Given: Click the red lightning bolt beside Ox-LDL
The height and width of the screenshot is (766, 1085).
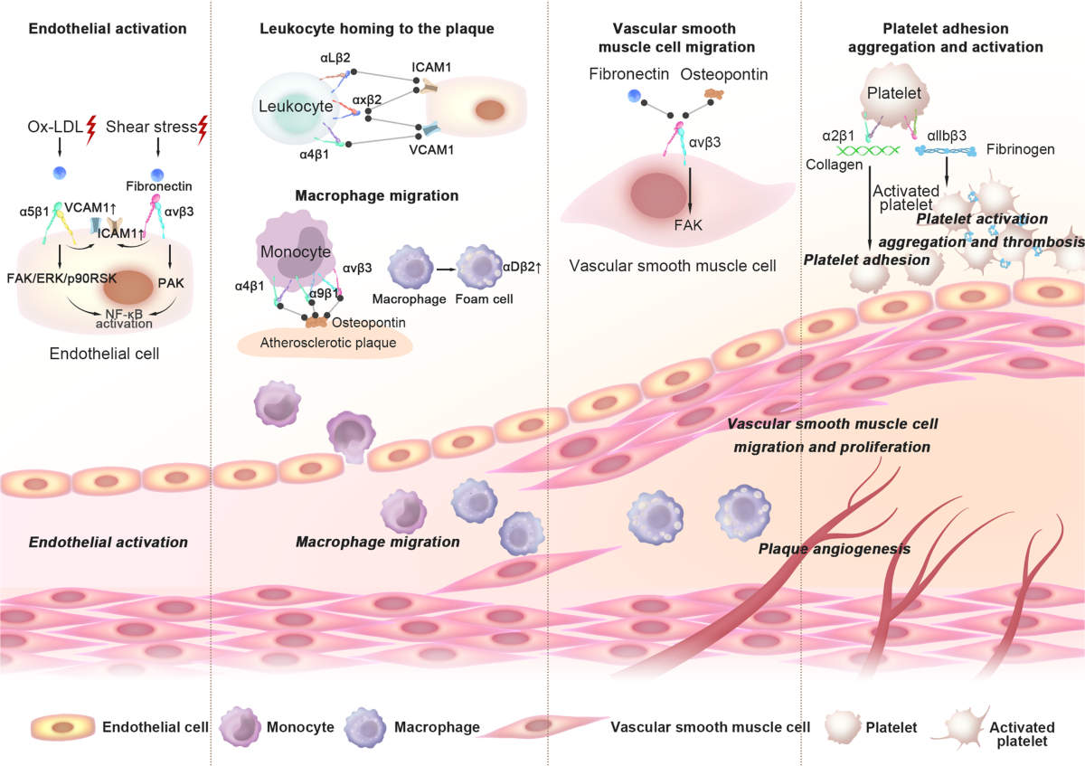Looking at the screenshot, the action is (x=91, y=130).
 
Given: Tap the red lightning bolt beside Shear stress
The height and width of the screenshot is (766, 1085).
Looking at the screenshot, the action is (x=203, y=130).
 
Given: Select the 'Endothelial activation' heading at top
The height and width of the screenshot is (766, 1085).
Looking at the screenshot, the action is (x=108, y=29).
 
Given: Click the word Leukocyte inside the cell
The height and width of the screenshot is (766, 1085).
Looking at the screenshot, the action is (x=296, y=106).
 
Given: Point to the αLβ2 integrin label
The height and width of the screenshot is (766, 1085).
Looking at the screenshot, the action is (x=335, y=58).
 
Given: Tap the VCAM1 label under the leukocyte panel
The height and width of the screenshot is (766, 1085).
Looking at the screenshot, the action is (x=431, y=150).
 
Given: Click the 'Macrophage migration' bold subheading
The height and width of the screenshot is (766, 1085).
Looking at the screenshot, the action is (x=377, y=195).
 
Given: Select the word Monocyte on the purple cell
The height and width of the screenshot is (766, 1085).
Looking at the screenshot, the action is (x=296, y=251).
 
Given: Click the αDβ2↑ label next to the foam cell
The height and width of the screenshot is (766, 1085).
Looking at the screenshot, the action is (x=522, y=267).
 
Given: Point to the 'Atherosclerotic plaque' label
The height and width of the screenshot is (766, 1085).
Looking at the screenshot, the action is (x=328, y=343).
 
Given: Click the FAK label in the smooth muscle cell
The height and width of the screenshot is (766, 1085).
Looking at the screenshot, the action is (x=688, y=225).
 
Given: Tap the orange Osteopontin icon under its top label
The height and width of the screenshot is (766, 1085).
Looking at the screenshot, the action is (x=713, y=94).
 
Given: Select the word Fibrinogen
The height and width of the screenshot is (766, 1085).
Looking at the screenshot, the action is (x=1021, y=149).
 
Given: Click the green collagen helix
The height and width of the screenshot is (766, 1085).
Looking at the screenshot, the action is (x=868, y=150).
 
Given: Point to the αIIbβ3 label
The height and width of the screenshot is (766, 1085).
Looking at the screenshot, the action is (x=947, y=136).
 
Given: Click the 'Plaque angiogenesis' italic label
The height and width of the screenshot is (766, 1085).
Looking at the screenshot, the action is (x=834, y=549).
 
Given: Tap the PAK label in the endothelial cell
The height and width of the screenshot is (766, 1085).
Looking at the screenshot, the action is (x=171, y=283).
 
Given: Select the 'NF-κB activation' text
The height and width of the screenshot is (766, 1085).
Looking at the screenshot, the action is (x=124, y=319).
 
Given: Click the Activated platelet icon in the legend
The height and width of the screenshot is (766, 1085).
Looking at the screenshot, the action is (x=961, y=727).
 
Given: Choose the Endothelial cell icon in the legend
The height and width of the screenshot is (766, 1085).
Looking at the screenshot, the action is (x=63, y=727).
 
